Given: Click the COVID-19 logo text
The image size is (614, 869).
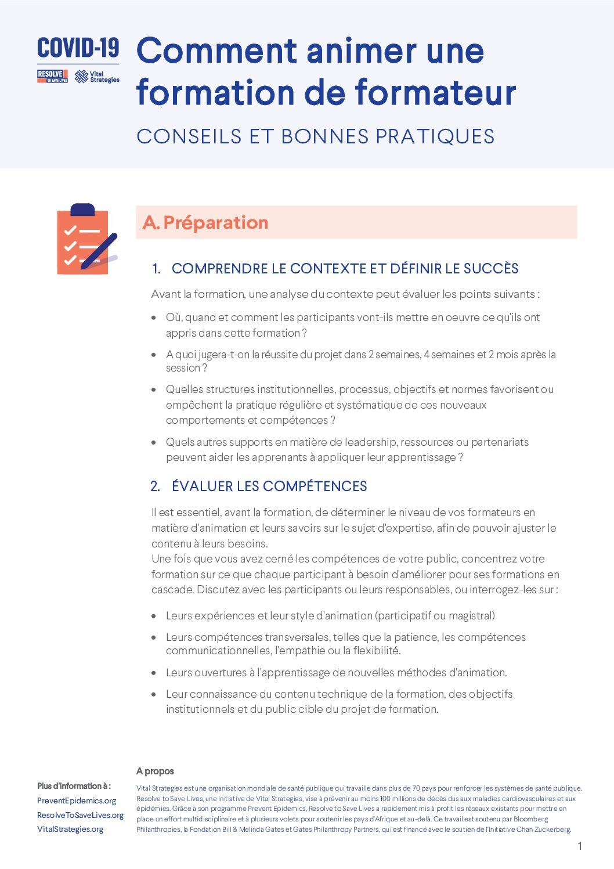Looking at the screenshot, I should point(78,49).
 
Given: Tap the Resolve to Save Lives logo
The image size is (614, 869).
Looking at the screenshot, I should point(52,77).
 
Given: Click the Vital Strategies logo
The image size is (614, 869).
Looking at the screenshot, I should point(97,77).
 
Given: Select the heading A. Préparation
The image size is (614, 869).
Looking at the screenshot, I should point(205,222).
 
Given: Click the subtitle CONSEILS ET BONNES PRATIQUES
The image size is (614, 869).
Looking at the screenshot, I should point(315,136).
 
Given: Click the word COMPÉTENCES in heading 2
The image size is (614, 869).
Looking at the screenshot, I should point(315,486).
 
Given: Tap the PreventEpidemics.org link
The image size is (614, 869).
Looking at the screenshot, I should point(77,801).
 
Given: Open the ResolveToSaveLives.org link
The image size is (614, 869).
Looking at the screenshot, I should point(80,815).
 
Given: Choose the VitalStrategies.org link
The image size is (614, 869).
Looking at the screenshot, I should point(70,829).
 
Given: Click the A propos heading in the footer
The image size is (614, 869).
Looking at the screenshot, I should point(155,771).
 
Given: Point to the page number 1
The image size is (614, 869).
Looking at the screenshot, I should point(579,846).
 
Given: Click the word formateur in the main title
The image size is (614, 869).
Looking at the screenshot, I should point(435,93).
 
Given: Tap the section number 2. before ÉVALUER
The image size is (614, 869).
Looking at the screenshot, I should point(155,486).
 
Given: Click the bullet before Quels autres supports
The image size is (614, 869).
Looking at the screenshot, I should point(154,442).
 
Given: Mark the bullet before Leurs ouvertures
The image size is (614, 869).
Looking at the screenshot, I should point(154,673).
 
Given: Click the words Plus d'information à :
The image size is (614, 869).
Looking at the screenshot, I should point(74,786).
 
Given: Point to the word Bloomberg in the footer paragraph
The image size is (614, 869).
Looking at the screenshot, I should point(530,819).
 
